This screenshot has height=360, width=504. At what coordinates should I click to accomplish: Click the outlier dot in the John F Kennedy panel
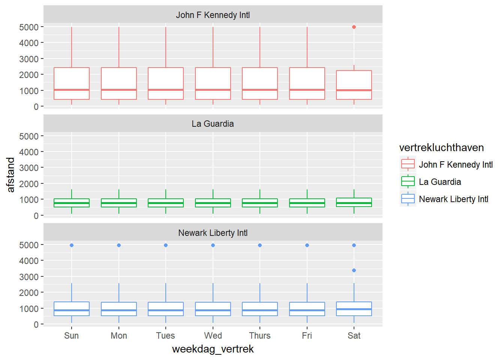pos(354,27)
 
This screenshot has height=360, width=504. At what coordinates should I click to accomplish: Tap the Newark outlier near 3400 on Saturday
pos(354,270)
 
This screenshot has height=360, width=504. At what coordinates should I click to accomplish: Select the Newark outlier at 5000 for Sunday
pos(72,245)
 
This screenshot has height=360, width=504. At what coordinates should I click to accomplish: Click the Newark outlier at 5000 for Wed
pos(213,245)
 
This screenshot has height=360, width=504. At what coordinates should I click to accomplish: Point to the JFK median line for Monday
pos(119,90)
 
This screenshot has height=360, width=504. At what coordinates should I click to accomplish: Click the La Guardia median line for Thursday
pos(260,203)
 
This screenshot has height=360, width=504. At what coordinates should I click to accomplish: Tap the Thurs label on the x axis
pos(260,336)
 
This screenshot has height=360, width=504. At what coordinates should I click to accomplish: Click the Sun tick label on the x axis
pos(72,336)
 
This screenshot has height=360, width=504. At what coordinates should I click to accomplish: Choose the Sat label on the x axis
pos(354,336)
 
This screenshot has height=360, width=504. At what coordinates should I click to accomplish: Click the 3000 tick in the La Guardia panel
pos(29,168)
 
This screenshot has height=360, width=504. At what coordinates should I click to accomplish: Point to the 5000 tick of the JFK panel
pos(29,27)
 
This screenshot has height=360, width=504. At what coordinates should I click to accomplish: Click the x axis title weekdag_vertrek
pos(213,349)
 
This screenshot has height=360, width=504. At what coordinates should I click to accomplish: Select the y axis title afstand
pos(11,175)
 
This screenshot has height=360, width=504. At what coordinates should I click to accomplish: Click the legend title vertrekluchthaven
pos(441,148)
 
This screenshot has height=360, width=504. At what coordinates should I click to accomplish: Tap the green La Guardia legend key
pos(408,181)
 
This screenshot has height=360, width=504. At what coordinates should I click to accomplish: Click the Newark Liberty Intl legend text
pos(453,199)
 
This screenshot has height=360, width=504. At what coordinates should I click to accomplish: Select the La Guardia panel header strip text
pos(213,124)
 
